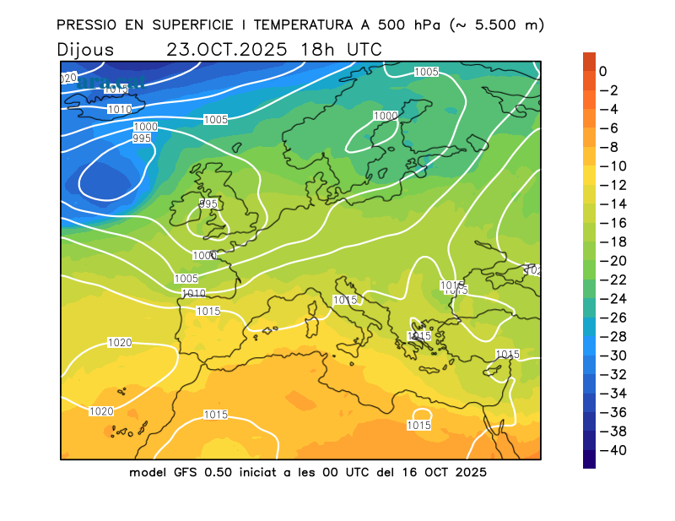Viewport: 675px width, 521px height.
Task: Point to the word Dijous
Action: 86,50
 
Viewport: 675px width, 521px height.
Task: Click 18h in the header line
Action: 313,49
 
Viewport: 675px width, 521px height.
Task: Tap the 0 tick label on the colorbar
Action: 602,72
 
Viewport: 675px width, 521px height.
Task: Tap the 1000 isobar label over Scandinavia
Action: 386,116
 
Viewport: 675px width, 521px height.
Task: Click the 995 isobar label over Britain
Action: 208,204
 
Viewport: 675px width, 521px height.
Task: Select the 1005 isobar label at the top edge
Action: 426,72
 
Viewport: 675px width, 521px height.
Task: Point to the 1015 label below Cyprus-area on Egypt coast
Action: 419,426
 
